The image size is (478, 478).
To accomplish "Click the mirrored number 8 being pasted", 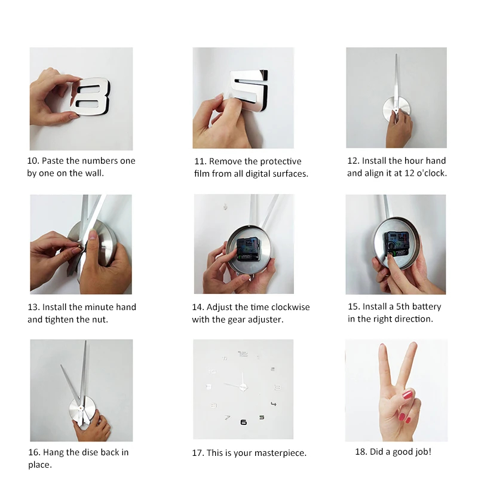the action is point(90,97).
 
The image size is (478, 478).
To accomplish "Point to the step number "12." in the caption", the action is point(353,161).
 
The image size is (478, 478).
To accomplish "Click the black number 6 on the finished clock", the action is point(243,422).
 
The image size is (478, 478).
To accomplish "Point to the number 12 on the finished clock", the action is point(243,354).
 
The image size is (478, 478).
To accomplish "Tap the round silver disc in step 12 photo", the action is point(396,111).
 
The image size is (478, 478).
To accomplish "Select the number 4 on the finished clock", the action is point(274,404).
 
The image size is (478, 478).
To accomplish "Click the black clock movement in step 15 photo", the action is point(396,244).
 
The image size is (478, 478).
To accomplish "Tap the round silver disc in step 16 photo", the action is point(82,409).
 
